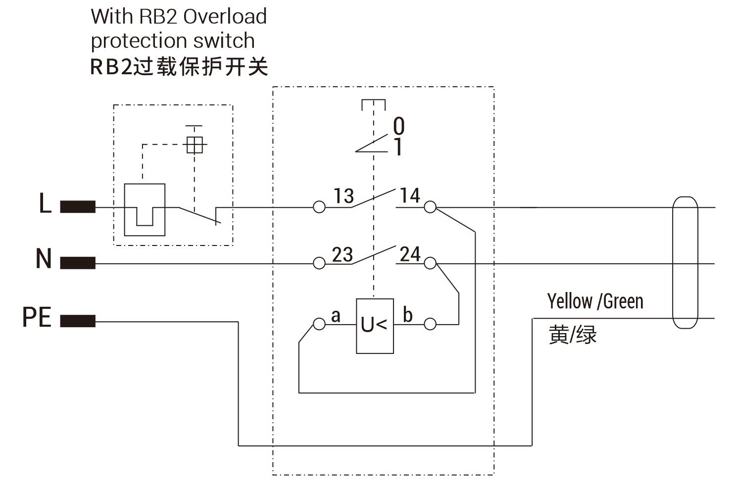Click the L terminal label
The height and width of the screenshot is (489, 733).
pyautogui.click(x=45, y=203)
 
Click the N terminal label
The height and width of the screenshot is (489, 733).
pyautogui.click(x=44, y=259)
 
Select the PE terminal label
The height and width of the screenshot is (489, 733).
pyautogui.click(x=37, y=317)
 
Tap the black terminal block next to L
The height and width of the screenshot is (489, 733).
pyautogui.click(x=78, y=207)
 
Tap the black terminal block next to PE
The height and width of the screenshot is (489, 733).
pyautogui.click(x=78, y=322)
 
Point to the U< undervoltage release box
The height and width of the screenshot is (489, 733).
pyautogui.click(x=375, y=326)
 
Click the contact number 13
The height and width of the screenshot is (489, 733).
pyautogui.click(x=343, y=196)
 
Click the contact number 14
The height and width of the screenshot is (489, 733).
pyautogui.click(x=410, y=196)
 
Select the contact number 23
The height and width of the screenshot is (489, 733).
pyautogui.click(x=342, y=254)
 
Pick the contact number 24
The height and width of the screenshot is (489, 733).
pyautogui.click(x=410, y=254)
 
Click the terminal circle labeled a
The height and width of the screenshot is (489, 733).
pyautogui.click(x=319, y=324)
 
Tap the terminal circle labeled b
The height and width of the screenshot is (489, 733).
pyautogui.click(x=431, y=324)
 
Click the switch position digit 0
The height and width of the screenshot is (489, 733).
pyautogui.click(x=398, y=126)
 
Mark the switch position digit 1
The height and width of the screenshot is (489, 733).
pyautogui.click(x=398, y=147)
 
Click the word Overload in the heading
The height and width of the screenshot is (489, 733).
pyautogui.click(x=225, y=16)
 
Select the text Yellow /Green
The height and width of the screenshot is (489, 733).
pyautogui.click(x=595, y=301)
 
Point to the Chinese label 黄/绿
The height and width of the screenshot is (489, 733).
pyautogui.click(x=573, y=335)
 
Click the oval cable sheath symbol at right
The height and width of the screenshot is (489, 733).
pyautogui.click(x=685, y=262)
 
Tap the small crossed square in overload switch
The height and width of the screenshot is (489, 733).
pyautogui.click(x=195, y=146)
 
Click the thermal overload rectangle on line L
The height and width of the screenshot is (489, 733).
pyautogui.click(x=144, y=209)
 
